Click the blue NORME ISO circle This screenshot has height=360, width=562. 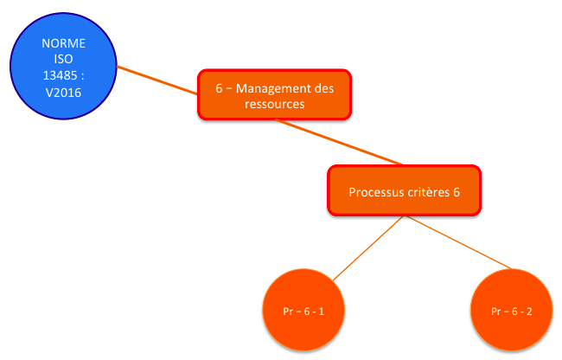point(63,66)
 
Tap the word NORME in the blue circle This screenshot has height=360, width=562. point(63,43)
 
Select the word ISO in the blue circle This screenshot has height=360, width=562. point(63,59)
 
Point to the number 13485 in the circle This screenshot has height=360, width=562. point(60,75)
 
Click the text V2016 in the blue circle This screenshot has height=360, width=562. point(63,93)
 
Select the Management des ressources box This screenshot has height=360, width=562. point(275,94)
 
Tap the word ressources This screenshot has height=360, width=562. point(275,104)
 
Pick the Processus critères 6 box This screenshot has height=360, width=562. point(405,190)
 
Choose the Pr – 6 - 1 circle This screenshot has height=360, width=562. point(303,310)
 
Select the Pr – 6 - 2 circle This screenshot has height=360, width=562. point(512,310)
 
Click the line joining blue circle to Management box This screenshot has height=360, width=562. point(157,80)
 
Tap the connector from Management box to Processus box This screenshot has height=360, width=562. point(339,142)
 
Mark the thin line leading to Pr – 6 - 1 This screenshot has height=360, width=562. point(368,248)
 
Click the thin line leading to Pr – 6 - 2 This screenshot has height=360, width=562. point(459,242)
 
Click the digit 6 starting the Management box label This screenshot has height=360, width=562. point(219,88)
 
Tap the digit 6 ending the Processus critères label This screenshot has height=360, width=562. point(457,192)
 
